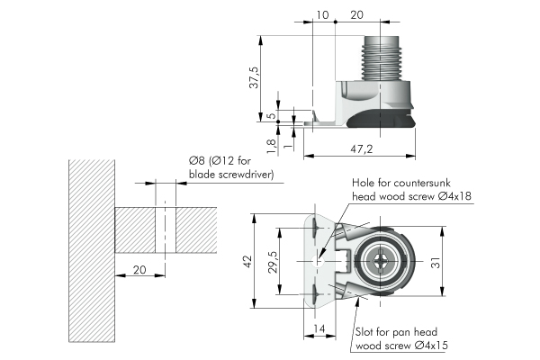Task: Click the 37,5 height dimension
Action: pos(256,77)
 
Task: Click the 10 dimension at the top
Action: pos(322,14)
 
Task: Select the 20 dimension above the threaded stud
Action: pos(356,14)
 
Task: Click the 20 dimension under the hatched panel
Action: pos(139,269)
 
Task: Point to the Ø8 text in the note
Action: pos(198,160)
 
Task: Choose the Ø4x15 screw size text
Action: pos(433,346)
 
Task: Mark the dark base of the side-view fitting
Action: pos(378,118)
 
